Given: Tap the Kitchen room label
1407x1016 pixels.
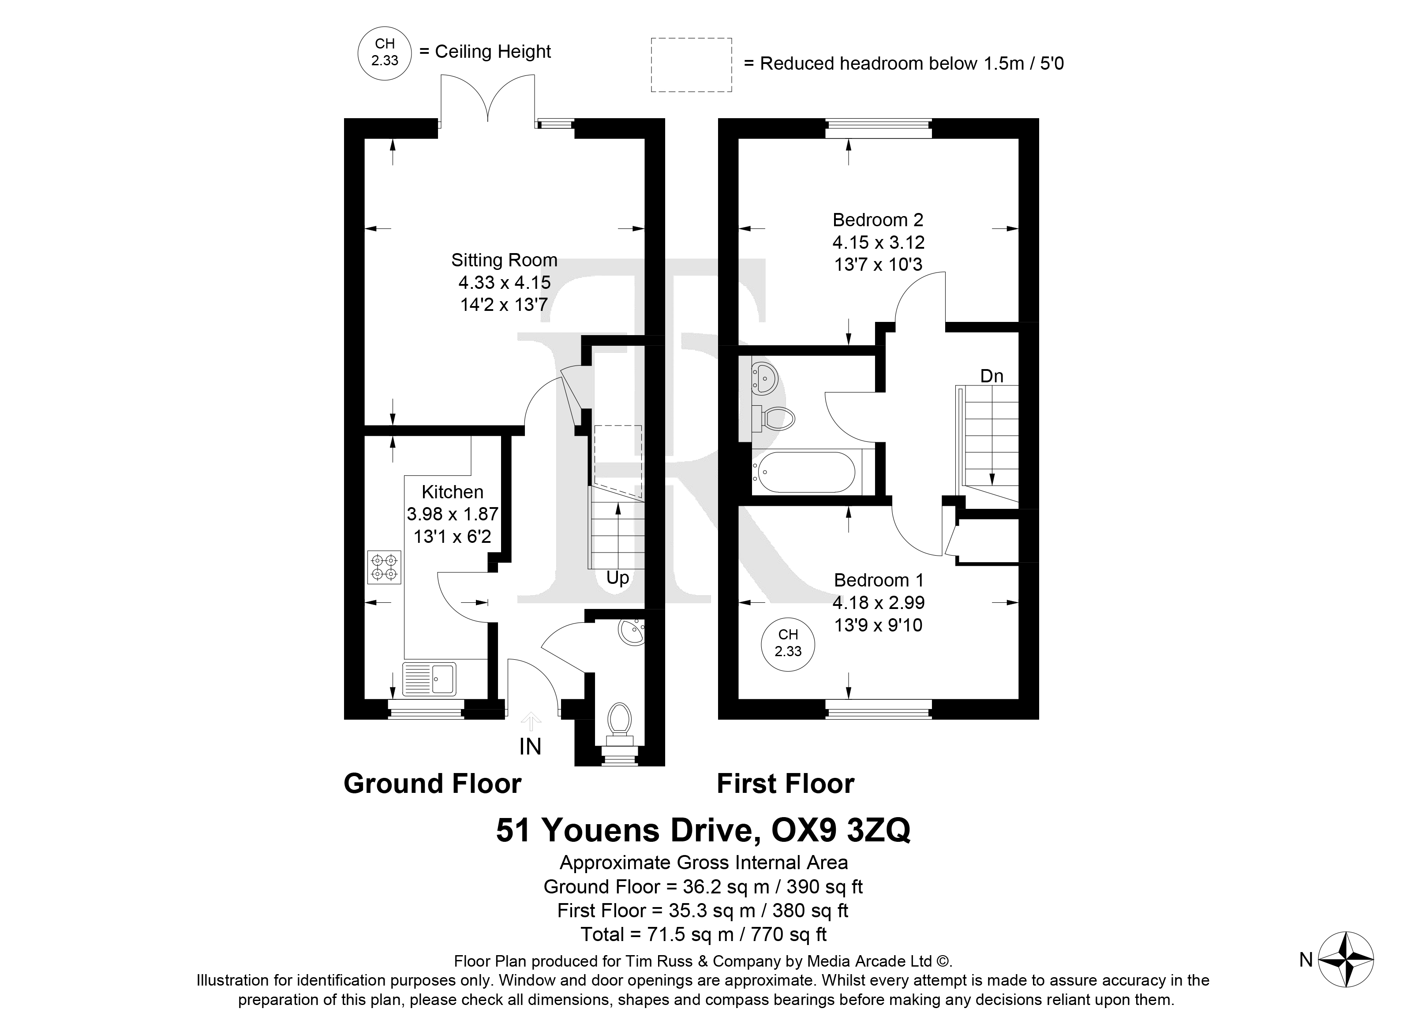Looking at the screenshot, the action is [452, 492].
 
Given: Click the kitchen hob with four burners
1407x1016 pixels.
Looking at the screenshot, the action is [385, 567].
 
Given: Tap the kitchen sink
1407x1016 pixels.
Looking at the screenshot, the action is [429, 679].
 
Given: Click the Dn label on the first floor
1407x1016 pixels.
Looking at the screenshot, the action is [992, 376].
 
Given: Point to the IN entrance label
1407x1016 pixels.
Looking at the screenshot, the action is [531, 747].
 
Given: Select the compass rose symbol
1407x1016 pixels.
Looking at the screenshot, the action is [1346, 960].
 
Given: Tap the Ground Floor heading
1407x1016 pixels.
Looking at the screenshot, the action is [432, 784].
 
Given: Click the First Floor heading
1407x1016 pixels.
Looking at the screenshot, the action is [786, 784].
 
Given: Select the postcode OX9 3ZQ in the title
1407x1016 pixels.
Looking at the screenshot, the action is [841, 830].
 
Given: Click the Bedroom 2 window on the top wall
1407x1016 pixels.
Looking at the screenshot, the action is [879, 128].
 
